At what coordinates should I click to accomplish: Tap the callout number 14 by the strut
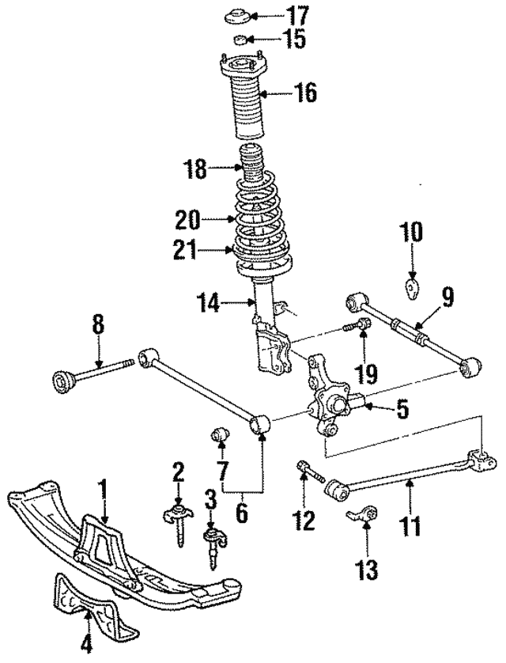click(x=209, y=301)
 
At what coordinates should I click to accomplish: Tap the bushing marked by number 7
click(x=221, y=434)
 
